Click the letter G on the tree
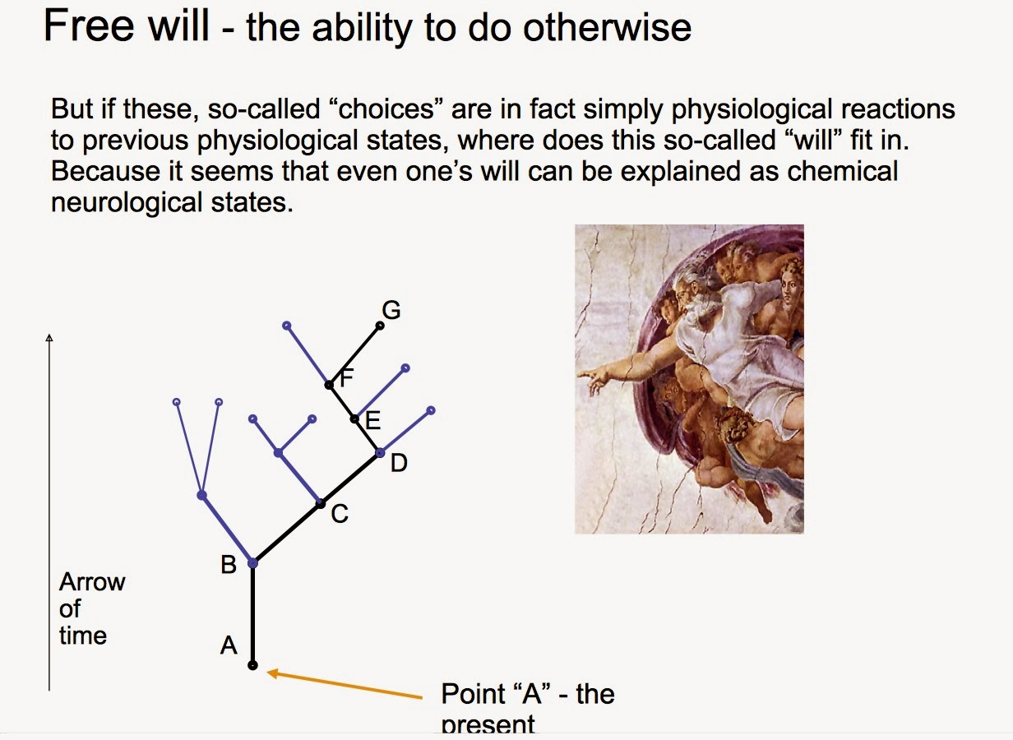coord(391,310)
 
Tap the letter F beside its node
coord(346,378)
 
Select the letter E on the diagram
coord(372,422)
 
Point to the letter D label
coord(399,464)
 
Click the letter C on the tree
coord(340,515)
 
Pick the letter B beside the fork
coord(229,565)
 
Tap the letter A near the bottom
coord(229,646)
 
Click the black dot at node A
coord(252,665)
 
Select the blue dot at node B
coord(252,563)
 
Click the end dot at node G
coord(380,326)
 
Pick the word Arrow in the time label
coord(92,582)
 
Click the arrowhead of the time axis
coord(49,337)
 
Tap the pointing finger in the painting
coord(585,375)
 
